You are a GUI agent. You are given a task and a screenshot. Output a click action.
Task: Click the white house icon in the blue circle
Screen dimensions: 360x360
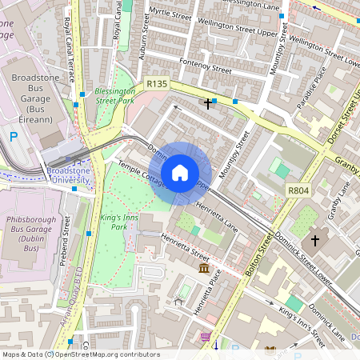pyautogui.click(x=180, y=172)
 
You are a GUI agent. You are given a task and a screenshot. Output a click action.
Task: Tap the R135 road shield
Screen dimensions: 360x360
pyautogui.click(x=157, y=83)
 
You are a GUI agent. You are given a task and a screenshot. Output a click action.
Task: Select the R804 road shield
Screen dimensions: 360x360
pyautogui.click(x=298, y=190)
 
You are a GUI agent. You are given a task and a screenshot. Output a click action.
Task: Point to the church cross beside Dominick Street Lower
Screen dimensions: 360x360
pyautogui.click(x=315, y=240)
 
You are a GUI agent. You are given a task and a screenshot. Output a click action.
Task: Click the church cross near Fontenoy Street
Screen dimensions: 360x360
pyautogui.click(x=209, y=103)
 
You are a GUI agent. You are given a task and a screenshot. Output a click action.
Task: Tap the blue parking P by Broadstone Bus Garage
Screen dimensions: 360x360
pyautogui.click(x=14, y=137)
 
